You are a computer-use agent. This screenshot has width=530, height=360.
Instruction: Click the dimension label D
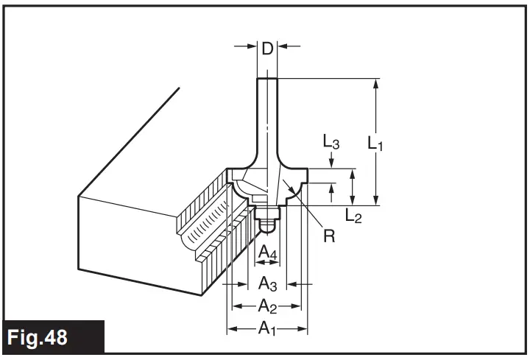[x=268, y=49]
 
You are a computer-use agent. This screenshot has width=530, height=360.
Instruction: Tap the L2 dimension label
[x=353, y=215]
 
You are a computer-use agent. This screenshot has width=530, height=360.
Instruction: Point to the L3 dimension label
[x=331, y=142]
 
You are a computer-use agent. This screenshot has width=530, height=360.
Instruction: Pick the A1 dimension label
[x=266, y=329]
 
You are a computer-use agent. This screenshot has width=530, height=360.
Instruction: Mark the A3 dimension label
[x=267, y=283]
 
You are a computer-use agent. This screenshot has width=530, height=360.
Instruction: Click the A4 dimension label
[x=267, y=253]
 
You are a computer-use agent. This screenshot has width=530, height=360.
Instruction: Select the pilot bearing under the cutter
[x=267, y=215]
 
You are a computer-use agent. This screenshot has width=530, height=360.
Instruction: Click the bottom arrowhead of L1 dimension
[x=376, y=200]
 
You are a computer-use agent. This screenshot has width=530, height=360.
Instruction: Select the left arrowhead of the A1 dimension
[x=231, y=329]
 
